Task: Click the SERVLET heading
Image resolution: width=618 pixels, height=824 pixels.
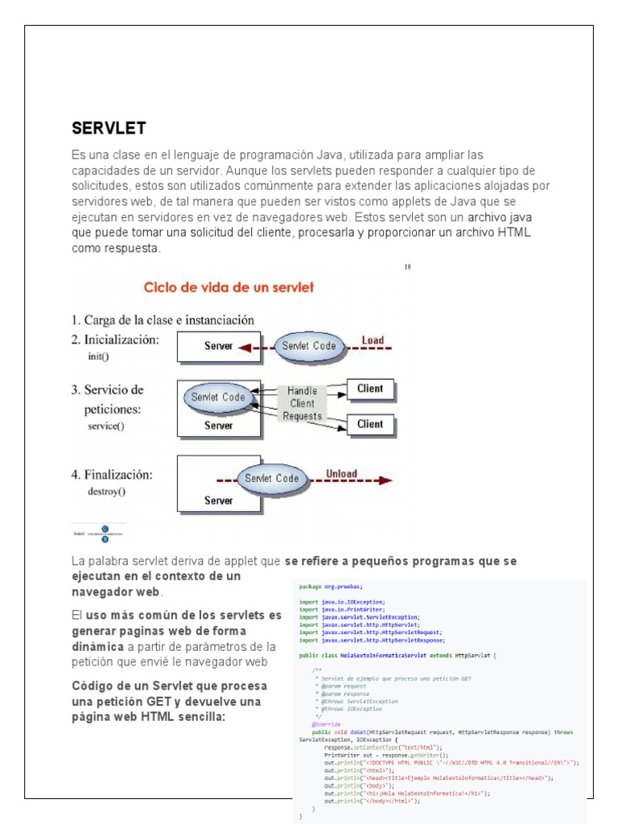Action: click(x=109, y=128)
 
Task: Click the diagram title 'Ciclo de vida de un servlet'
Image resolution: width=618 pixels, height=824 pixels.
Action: click(x=229, y=286)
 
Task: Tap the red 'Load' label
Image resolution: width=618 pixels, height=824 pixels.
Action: click(x=373, y=340)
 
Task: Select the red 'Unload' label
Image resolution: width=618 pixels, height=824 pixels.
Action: click(x=341, y=473)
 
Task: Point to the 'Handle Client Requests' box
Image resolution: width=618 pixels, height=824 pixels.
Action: click(x=302, y=402)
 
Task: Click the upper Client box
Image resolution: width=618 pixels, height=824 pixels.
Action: click(x=369, y=389)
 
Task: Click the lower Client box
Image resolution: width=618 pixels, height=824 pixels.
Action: click(x=369, y=424)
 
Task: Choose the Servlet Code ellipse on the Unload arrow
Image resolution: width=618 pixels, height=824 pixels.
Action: click(x=271, y=478)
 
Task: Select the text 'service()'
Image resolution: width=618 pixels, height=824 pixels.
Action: click(x=106, y=426)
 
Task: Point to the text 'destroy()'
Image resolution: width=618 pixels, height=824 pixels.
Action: click(x=107, y=490)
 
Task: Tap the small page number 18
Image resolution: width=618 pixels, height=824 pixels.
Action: click(x=407, y=267)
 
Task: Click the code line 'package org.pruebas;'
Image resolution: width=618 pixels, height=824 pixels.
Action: click(x=332, y=587)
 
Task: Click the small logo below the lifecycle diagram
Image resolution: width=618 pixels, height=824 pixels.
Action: click(x=98, y=534)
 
